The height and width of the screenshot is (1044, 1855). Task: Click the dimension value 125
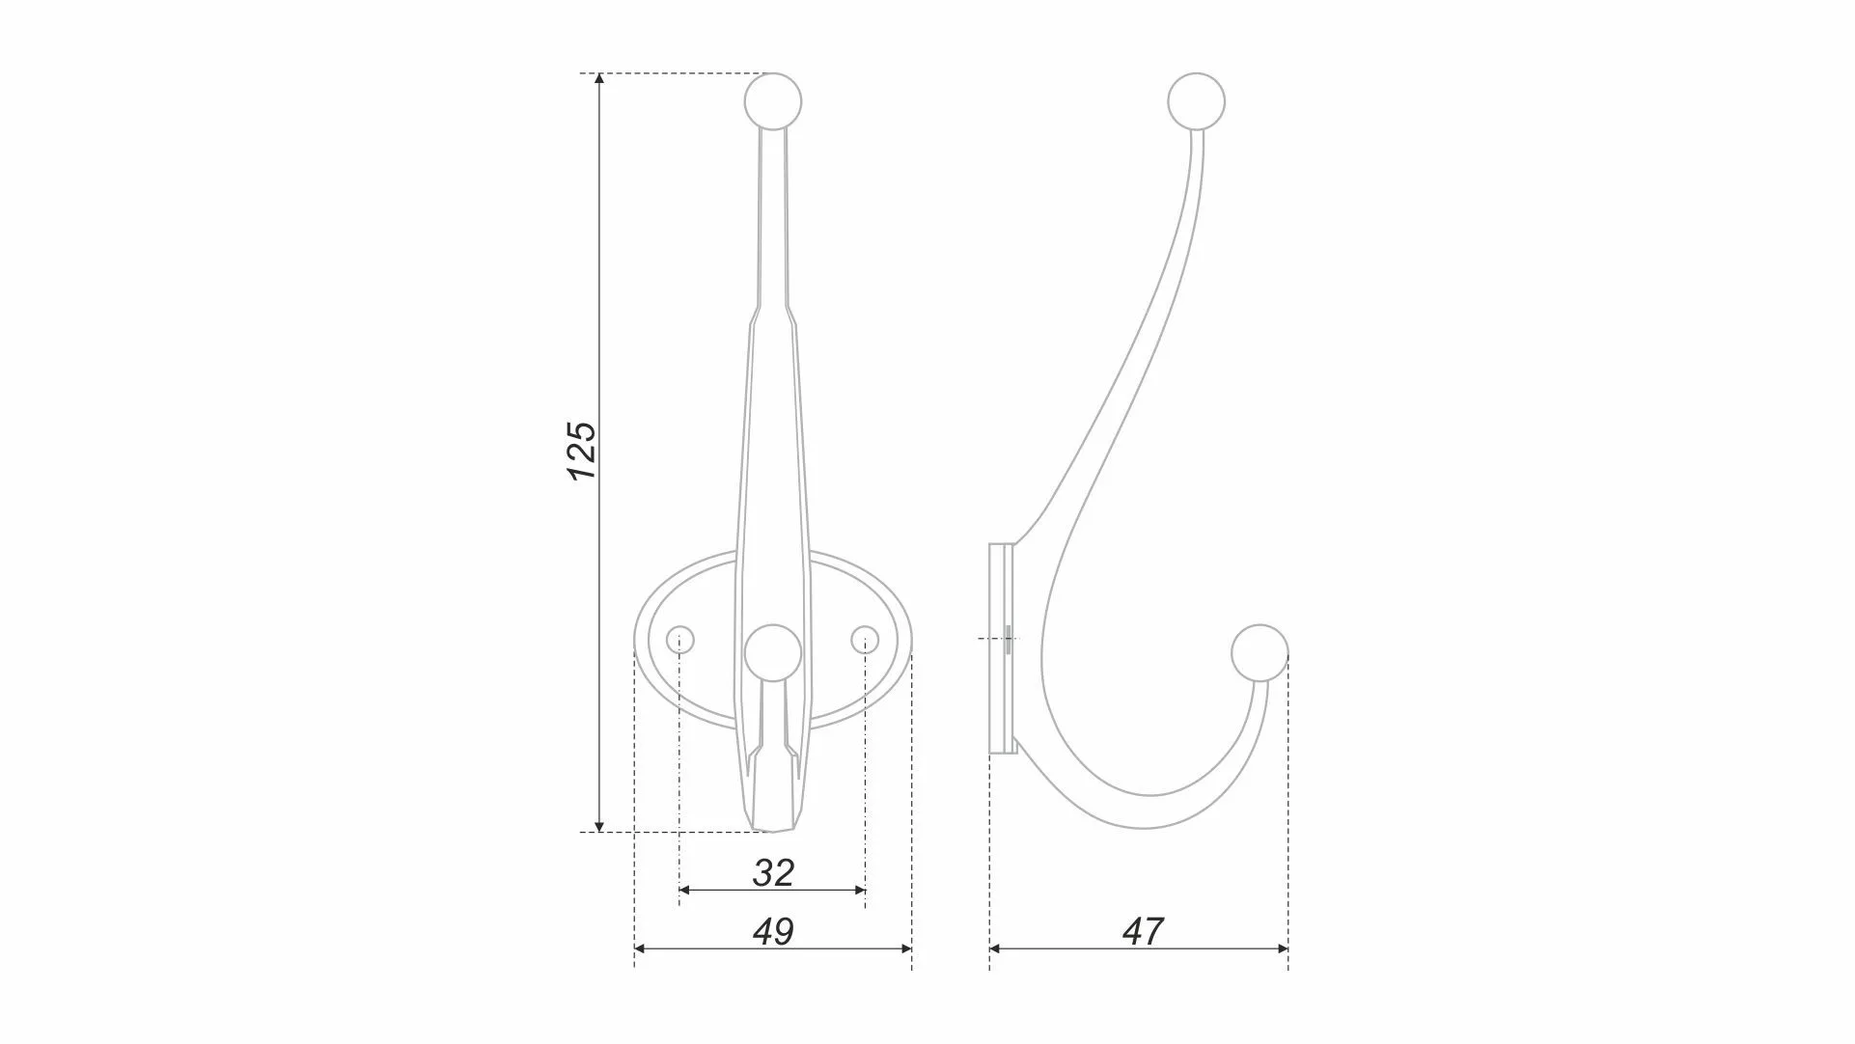[581, 451]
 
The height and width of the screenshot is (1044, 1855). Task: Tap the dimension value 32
[773, 873]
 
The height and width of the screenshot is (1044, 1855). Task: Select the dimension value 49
[773, 932]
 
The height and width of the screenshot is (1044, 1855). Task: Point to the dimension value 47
[1143, 932]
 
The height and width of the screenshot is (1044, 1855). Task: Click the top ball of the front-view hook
[773, 101]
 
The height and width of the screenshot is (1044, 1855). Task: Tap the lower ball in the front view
[772, 653]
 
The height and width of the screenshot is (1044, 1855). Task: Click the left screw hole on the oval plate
[680, 639]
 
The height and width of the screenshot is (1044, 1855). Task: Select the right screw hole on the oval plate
[865, 639]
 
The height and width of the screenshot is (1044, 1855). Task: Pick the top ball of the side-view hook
[1197, 101]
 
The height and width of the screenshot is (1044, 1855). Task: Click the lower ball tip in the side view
[1260, 653]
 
